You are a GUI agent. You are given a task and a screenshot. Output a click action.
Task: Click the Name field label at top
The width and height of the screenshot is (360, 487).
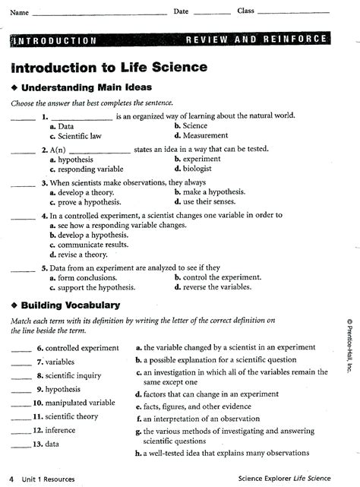(x=18, y=13)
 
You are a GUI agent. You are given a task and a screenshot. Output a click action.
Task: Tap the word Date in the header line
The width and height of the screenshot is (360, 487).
(x=181, y=11)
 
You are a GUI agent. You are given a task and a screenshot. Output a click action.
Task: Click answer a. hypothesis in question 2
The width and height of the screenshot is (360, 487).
(x=71, y=160)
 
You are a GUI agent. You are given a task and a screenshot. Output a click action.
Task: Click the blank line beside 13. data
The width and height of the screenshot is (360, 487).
(x=21, y=444)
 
